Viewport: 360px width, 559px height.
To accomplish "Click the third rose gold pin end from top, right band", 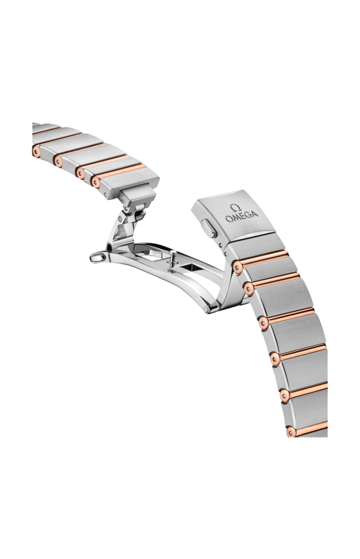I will click(x=264, y=320).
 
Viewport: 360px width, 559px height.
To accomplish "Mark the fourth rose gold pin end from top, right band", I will click(x=276, y=357).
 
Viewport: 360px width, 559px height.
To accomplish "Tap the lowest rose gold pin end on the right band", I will click(x=291, y=432).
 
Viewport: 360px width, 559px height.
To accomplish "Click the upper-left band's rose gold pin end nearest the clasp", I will click(x=96, y=182).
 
